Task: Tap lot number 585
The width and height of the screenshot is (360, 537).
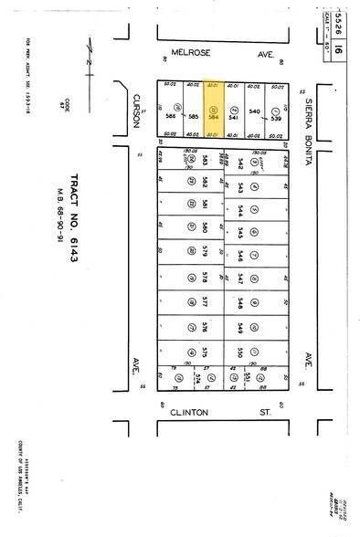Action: (x=194, y=116)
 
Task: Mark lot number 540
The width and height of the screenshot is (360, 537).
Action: (x=255, y=111)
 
